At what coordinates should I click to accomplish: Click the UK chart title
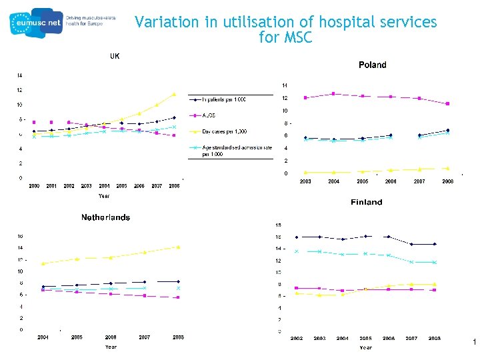pos(115,57)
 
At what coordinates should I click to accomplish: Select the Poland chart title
pos(372,65)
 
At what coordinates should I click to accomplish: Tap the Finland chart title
pos(366,202)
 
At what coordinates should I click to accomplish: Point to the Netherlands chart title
pos(105,217)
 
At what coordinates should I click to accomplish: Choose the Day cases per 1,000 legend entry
pos(224,131)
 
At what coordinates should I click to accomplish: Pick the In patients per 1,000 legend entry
pos(224,99)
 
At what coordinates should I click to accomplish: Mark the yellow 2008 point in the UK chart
pos(174,94)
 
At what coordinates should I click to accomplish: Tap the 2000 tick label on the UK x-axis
pos(34,186)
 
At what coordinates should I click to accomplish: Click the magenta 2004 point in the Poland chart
pos(333,93)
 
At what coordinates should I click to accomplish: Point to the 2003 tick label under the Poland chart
pos(305,181)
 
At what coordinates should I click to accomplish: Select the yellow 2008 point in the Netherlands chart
pos(178,247)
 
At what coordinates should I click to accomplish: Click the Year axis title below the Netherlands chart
pos(111,347)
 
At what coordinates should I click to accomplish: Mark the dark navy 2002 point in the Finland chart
pos(297,237)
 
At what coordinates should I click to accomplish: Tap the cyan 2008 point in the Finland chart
pos(434,262)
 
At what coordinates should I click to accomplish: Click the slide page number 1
pos(473,343)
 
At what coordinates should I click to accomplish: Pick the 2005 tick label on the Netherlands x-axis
pos(77,337)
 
